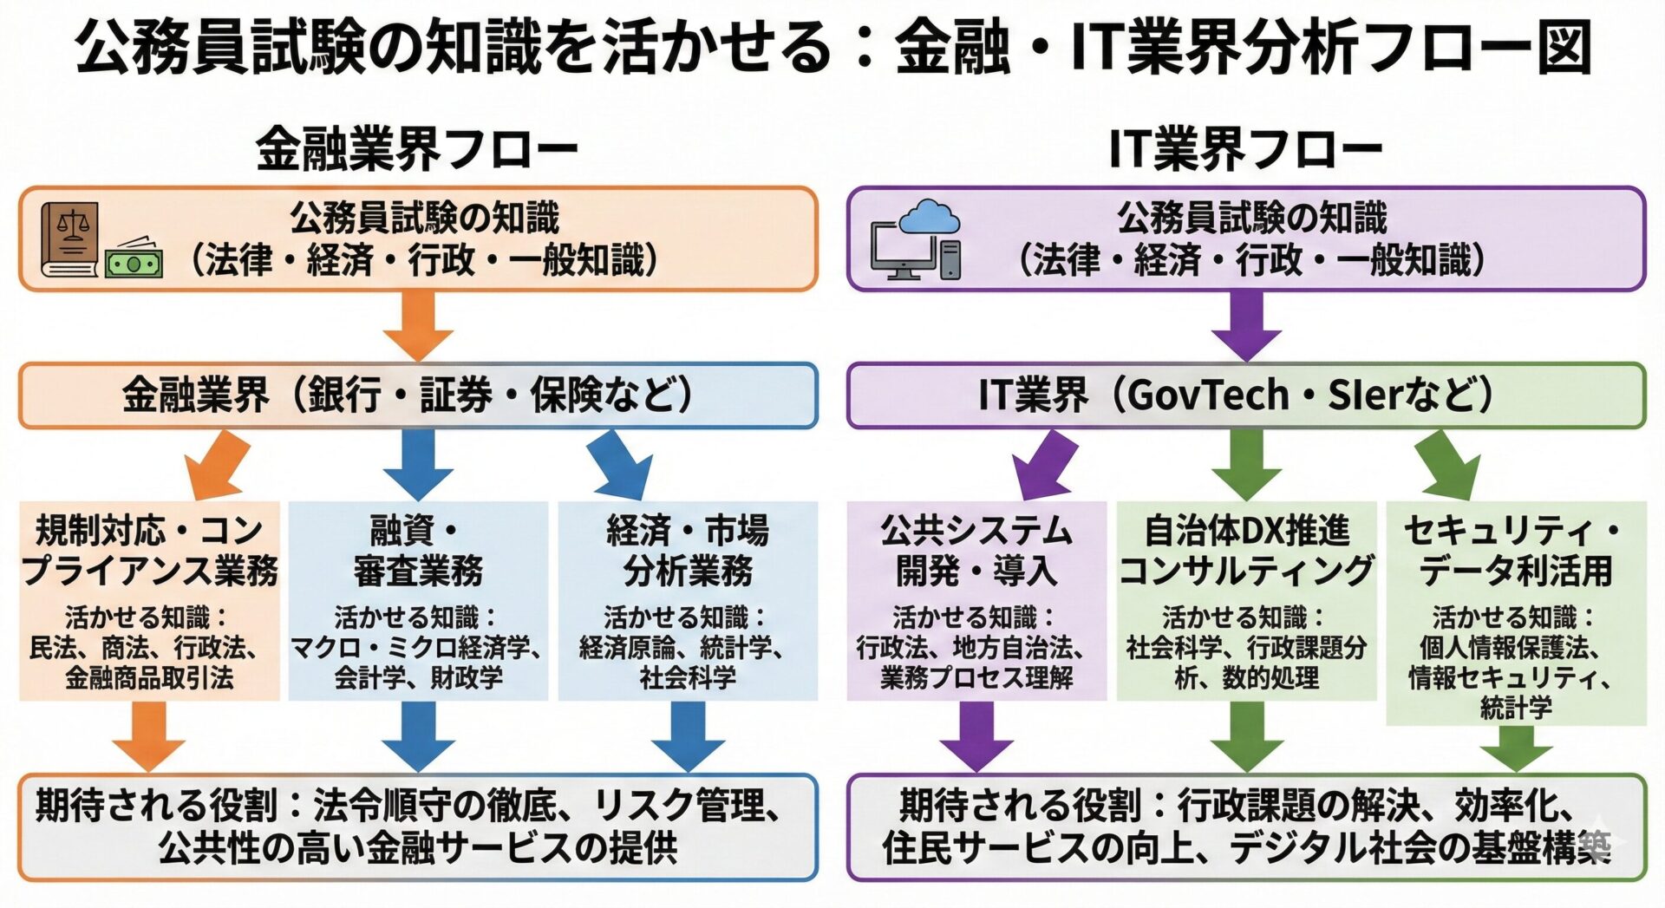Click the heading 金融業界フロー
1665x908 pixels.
(x=416, y=149)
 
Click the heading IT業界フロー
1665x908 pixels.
(x=1245, y=149)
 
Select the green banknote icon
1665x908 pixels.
(x=134, y=260)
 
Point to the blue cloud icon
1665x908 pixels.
(x=929, y=216)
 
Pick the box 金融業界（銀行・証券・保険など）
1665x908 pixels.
(x=417, y=395)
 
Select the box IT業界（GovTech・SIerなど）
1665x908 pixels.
(x=1245, y=395)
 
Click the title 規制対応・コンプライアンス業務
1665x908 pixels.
(x=149, y=550)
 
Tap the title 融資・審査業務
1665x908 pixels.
(x=417, y=550)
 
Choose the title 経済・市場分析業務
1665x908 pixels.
(x=687, y=550)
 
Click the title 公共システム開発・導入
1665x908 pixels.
(x=976, y=550)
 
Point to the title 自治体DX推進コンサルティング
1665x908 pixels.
(x=1246, y=550)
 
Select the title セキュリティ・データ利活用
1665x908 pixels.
(x=1515, y=550)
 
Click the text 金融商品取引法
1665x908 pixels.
(x=149, y=677)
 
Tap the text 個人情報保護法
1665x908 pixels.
(x=1509, y=648)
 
